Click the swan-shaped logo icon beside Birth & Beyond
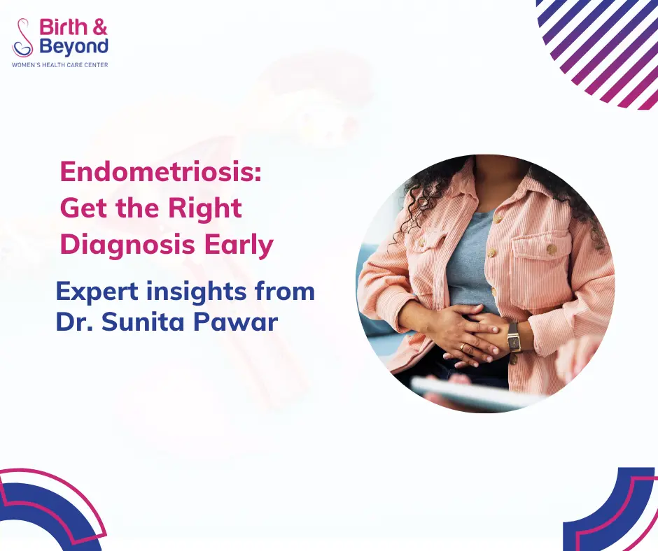(x=23, y=38)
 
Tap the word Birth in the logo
(x=63, y=28)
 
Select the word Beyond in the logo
(x=73, y=47)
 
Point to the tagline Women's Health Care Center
(x=59, y=64)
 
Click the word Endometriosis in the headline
(x=160, y=172)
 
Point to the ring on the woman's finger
(x=463, y=347)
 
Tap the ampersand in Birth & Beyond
(x=100, y=28)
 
